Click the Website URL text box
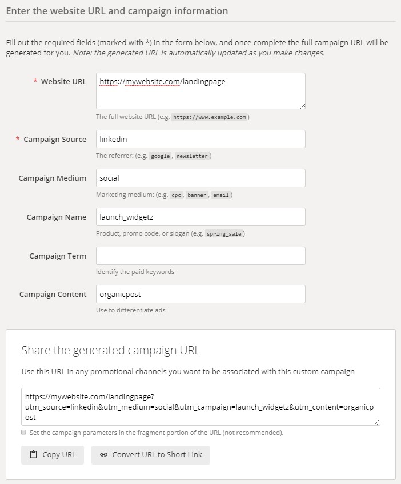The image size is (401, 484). pyautogui.click(x=201, y=90)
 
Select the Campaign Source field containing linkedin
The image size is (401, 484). pyautogui.click(x=201, y=139)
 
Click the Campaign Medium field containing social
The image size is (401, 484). pyautogui.click(x=201, y=178)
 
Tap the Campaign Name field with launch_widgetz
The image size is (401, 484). pyautogui.click(x=201, y=217)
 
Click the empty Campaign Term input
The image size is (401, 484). pyautogui.click(x=201, y=256)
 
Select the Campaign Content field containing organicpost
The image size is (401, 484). pyautogui.click(x=201, y=294)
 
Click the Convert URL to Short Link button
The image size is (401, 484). pyautogui.click(x=151, y=455)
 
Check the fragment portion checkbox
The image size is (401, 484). pyautogui.click(x=24, y=433)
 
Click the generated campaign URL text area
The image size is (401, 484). pyautogui.click(x=201, y=407)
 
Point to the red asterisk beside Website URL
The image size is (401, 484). pyautogui.click(x=35, y=82)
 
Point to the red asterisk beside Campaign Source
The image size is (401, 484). pyautogui.click(x=18, y=140)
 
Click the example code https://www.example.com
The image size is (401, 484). pyautogui.click(x=209, y=117)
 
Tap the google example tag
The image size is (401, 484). pyautogui.click(x=161, y=156)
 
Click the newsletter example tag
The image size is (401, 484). pyautogui.click(x=192, y=156)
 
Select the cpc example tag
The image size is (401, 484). pyautogui.click(x=176, y=195)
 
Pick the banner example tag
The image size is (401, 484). pyautogui.click(x=197, y=195)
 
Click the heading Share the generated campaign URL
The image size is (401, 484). pyautogui.click(x=111, y=350)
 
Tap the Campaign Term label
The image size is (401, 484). pyautogui.click(x=58, y=256)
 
